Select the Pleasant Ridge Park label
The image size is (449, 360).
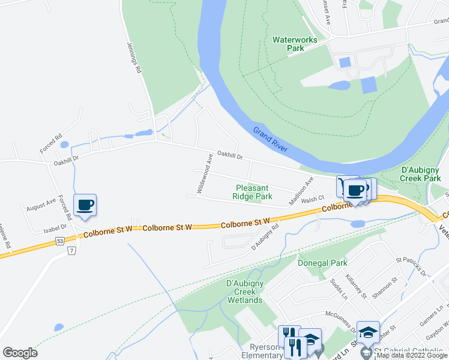(x=253, y=192)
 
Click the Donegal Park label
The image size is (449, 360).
(x=322, y=263)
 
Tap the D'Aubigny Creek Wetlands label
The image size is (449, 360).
(x=244, y=292)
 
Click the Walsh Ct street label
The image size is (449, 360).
(x=313, y=199)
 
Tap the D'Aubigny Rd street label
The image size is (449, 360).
(x=266, y=237)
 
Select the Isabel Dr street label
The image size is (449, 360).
(x=55, y=229)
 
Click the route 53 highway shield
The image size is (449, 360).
(x=59, y=241)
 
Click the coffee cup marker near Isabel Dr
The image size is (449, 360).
(x=85, y=205)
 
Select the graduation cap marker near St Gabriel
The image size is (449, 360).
(x=367, y=332)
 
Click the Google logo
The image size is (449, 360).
(x=20, y=352)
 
